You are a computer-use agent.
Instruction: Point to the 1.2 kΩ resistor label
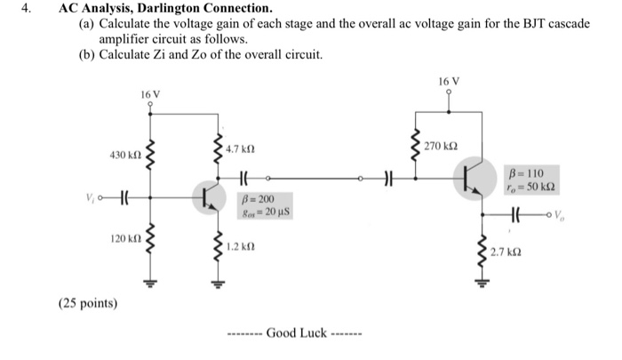pyautogui.click(x=241, y=246)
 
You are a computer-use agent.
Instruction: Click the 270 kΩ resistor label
pyautogui.click(x=442, y=145)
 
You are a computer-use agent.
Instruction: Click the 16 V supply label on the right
pyautogui.click(x=449, y=82)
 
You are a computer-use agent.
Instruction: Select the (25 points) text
pyautogui.click(x=86, y=303)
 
